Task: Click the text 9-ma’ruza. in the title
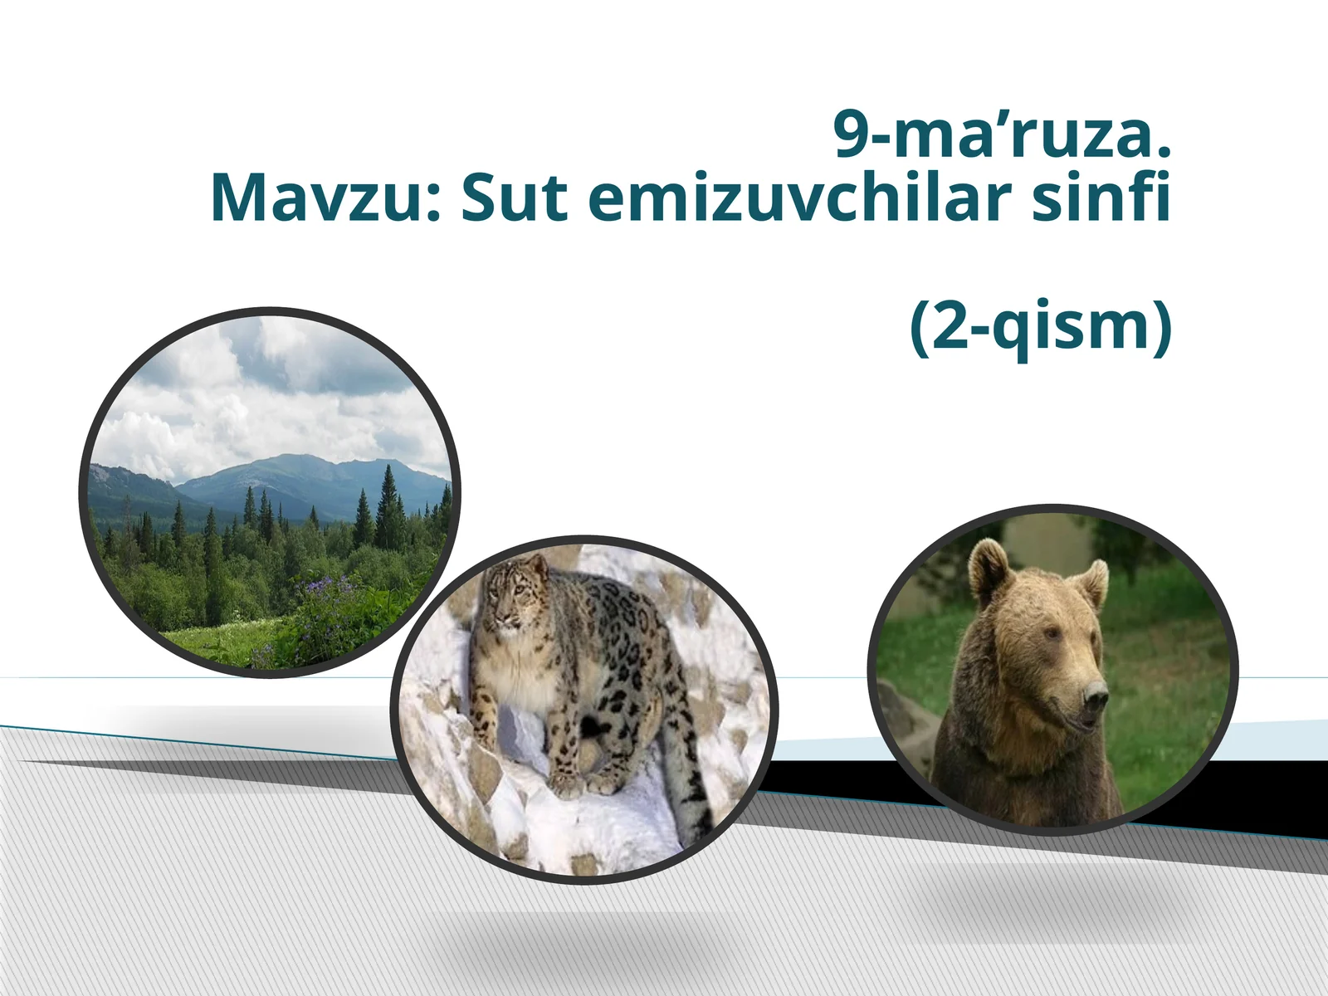[1002, 135]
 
